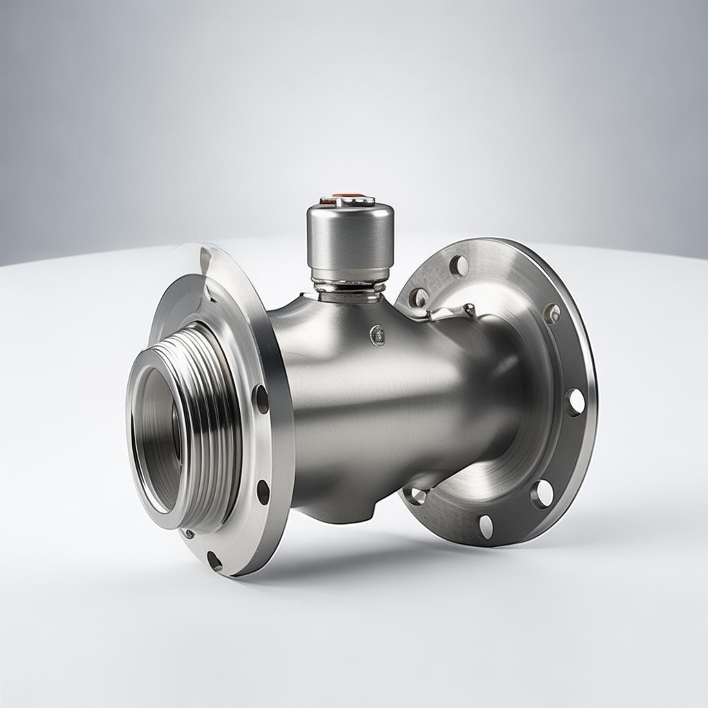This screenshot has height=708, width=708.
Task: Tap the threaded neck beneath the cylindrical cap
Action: (x=348, y=288)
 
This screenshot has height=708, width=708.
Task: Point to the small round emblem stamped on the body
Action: (x=378, y=335)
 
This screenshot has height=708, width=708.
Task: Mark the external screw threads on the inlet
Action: (x=207, y=415)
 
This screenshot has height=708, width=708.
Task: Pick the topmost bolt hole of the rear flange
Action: (x=458, y=265)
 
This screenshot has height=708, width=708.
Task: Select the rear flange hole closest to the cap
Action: (x=418, y=297)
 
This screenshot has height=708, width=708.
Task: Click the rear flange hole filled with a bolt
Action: (x=552, y=313)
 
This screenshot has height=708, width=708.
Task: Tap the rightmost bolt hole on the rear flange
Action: (x=575, y=402)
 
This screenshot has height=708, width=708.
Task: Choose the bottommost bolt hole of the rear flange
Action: (x=486, y=526)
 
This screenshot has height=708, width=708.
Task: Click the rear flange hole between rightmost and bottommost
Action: (x=542, y=493)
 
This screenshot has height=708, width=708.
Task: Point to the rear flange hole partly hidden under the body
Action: (x=416, y=495)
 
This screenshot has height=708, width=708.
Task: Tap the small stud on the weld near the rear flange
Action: (x=469, y=308)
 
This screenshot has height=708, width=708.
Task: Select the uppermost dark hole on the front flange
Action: (x=261, y=399)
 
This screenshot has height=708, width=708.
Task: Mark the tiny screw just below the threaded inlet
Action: (x=189, y=533)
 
